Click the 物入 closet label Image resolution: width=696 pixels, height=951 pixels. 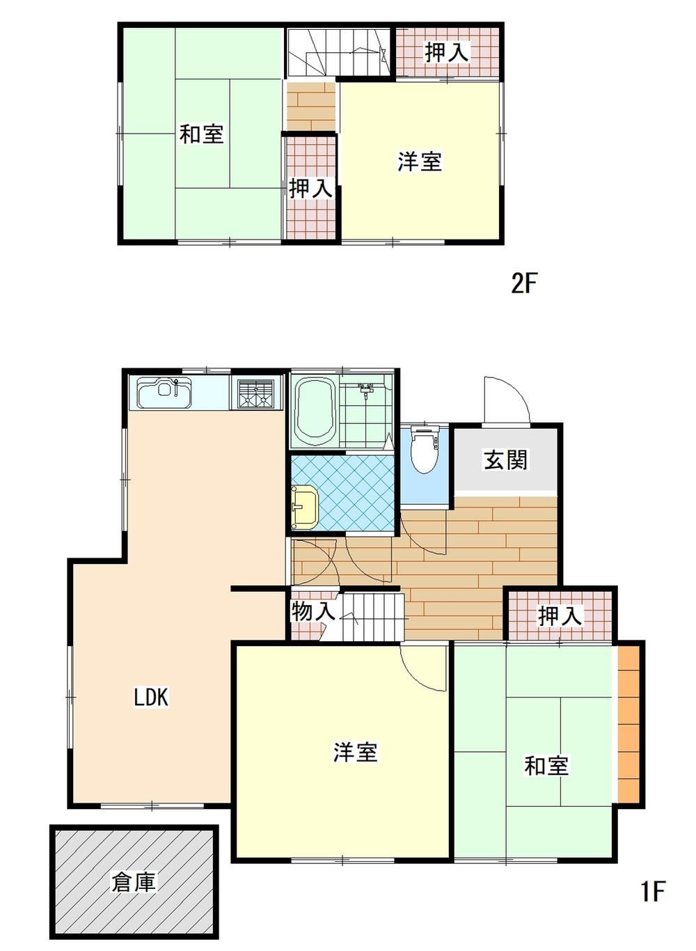point(313,611)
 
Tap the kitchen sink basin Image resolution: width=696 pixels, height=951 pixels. point(164,393)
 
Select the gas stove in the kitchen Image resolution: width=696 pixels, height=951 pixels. point(256,393)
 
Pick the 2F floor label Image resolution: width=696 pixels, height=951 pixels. point(524,284)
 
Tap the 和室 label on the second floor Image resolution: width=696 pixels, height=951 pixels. point(201,133)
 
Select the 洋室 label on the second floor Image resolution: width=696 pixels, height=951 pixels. point(420,162)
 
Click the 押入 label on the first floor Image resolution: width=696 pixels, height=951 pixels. point(560,615)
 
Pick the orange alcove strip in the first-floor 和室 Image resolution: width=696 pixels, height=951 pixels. point(628,724)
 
